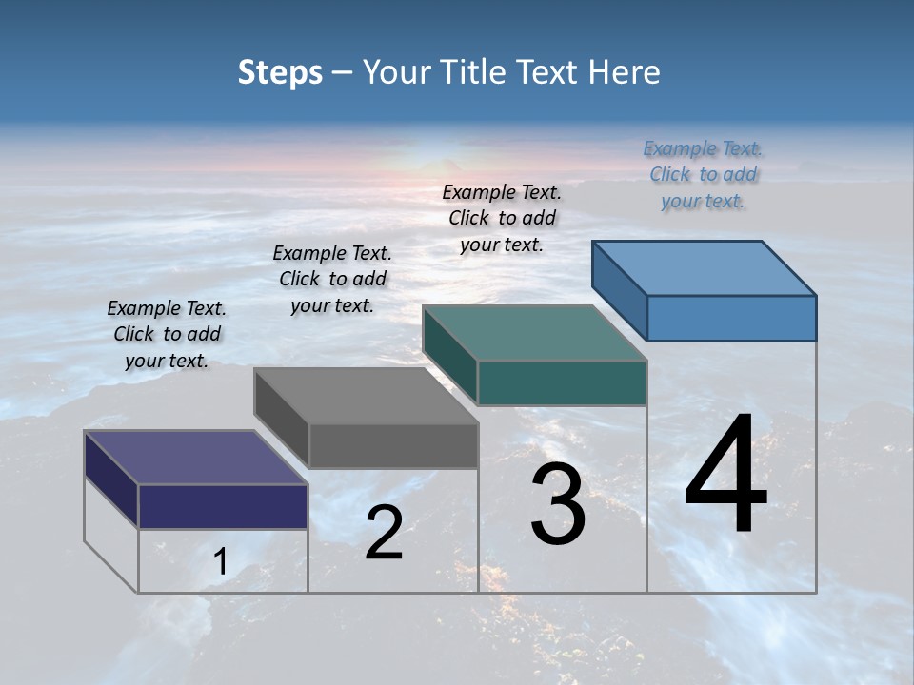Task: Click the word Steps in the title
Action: pos(280,72)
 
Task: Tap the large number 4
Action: pos(725,475)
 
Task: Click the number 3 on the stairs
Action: pos(558,504)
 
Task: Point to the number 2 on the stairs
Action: pos(384,533)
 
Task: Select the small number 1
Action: pos(221,562)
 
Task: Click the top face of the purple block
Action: pos(196,458)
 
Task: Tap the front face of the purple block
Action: pos(223,506)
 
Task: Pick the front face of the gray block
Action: pos(392,445)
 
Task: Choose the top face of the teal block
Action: pos(535,333)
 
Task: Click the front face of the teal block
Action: pos(562,382)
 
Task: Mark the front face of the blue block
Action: pos(731,318)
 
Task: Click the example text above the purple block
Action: pos(167,334)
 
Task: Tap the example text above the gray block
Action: pos(332,279)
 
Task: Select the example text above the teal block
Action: pos(502,218)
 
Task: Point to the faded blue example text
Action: pos(703,174)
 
